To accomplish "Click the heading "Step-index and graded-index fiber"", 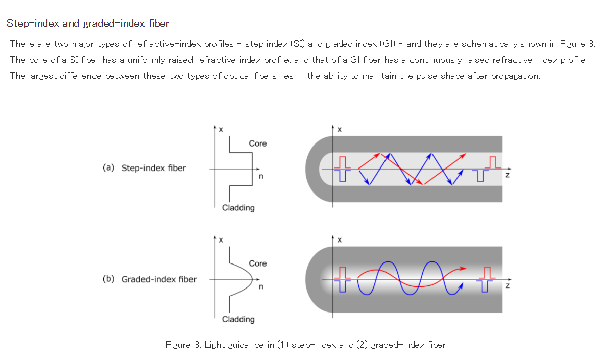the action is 88,23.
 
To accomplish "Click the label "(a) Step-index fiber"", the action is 145,167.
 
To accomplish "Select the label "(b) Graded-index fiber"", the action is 150,279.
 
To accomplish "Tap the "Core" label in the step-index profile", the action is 257,143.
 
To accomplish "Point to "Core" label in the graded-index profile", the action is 257,263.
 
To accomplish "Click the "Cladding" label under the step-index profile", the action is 238,208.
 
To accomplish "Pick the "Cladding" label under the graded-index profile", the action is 238,319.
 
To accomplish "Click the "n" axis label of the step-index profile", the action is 261,177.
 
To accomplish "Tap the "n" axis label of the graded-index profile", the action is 261,287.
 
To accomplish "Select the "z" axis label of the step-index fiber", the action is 507,175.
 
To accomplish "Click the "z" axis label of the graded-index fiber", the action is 507,286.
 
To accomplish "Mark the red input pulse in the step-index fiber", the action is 343,162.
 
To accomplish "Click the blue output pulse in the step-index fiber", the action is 478,176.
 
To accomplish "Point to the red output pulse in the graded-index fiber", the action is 488,272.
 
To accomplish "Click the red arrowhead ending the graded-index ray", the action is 463,268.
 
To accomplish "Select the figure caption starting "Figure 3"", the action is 306,345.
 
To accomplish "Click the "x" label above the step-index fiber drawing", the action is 340,130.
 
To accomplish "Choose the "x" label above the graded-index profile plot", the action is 221,240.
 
